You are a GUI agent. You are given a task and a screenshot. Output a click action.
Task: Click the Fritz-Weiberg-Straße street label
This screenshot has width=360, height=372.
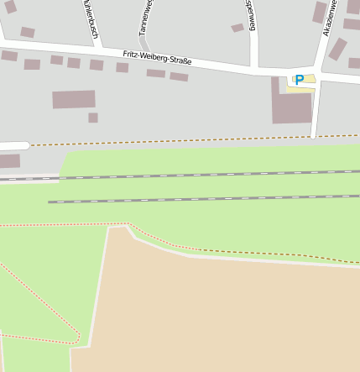point(157,58)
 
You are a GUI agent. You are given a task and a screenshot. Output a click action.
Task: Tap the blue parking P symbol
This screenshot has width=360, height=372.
point(299,81)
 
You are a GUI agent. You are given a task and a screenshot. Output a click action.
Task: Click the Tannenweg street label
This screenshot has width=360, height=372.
point(144,17)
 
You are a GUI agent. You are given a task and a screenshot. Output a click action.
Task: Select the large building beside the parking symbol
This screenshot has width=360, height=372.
point(291,106)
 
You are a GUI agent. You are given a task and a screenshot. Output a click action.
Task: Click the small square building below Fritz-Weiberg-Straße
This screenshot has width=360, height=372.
point(93,118)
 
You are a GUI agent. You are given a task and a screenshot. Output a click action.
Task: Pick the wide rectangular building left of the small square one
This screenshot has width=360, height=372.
point(74,99)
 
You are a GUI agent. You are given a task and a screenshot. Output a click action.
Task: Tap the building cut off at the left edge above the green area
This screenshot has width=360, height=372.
point(9,160)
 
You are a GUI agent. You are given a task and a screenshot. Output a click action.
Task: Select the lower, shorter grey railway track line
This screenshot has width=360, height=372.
point(201,199)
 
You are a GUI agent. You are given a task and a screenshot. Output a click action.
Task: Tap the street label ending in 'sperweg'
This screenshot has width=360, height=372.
point(249,15)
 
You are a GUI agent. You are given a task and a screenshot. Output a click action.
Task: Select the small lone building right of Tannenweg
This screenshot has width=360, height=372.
point(237,28)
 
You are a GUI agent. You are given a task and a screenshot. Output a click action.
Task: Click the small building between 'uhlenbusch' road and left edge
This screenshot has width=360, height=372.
point(28,33)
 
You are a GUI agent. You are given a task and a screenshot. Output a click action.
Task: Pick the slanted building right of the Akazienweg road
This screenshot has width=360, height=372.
point(337,49)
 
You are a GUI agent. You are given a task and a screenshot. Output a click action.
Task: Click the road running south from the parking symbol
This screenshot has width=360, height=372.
point(316,113)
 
